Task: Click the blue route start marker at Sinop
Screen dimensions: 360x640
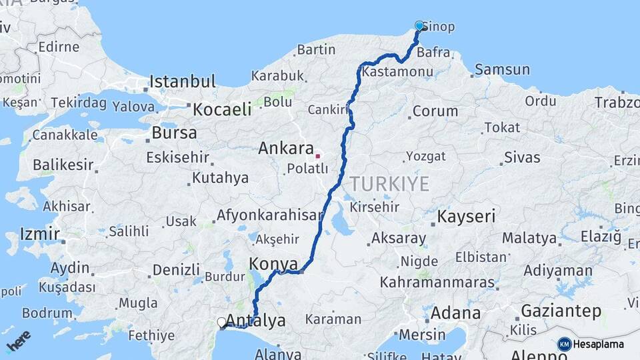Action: tap(419, 26)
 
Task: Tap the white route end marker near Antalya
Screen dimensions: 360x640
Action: tap(221, 322)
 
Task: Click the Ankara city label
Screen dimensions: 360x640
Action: tap(286, 148)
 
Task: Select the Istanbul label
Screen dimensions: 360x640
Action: tap(183, 82)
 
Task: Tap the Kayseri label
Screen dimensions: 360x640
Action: tap(466, 217)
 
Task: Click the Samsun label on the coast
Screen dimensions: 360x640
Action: tap(502, 70)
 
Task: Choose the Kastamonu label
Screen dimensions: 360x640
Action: tap(390, 71)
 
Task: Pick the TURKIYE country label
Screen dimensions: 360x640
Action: tap(390, 184)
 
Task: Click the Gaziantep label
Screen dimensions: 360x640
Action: tap(561, 311)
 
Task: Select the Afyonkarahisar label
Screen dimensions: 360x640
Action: tap(269, 216)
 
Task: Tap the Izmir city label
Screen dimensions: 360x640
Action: tap(40, 234)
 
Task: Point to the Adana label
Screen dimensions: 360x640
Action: tap(455, 313)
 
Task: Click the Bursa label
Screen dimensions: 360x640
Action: tap(174, 133)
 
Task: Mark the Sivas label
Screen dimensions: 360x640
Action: tap(522, 158)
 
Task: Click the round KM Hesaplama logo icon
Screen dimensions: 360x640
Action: tap(564, 344)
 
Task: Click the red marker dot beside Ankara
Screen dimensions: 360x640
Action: tap(318, 156)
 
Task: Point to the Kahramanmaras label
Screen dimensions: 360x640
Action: tap(437, 282)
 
